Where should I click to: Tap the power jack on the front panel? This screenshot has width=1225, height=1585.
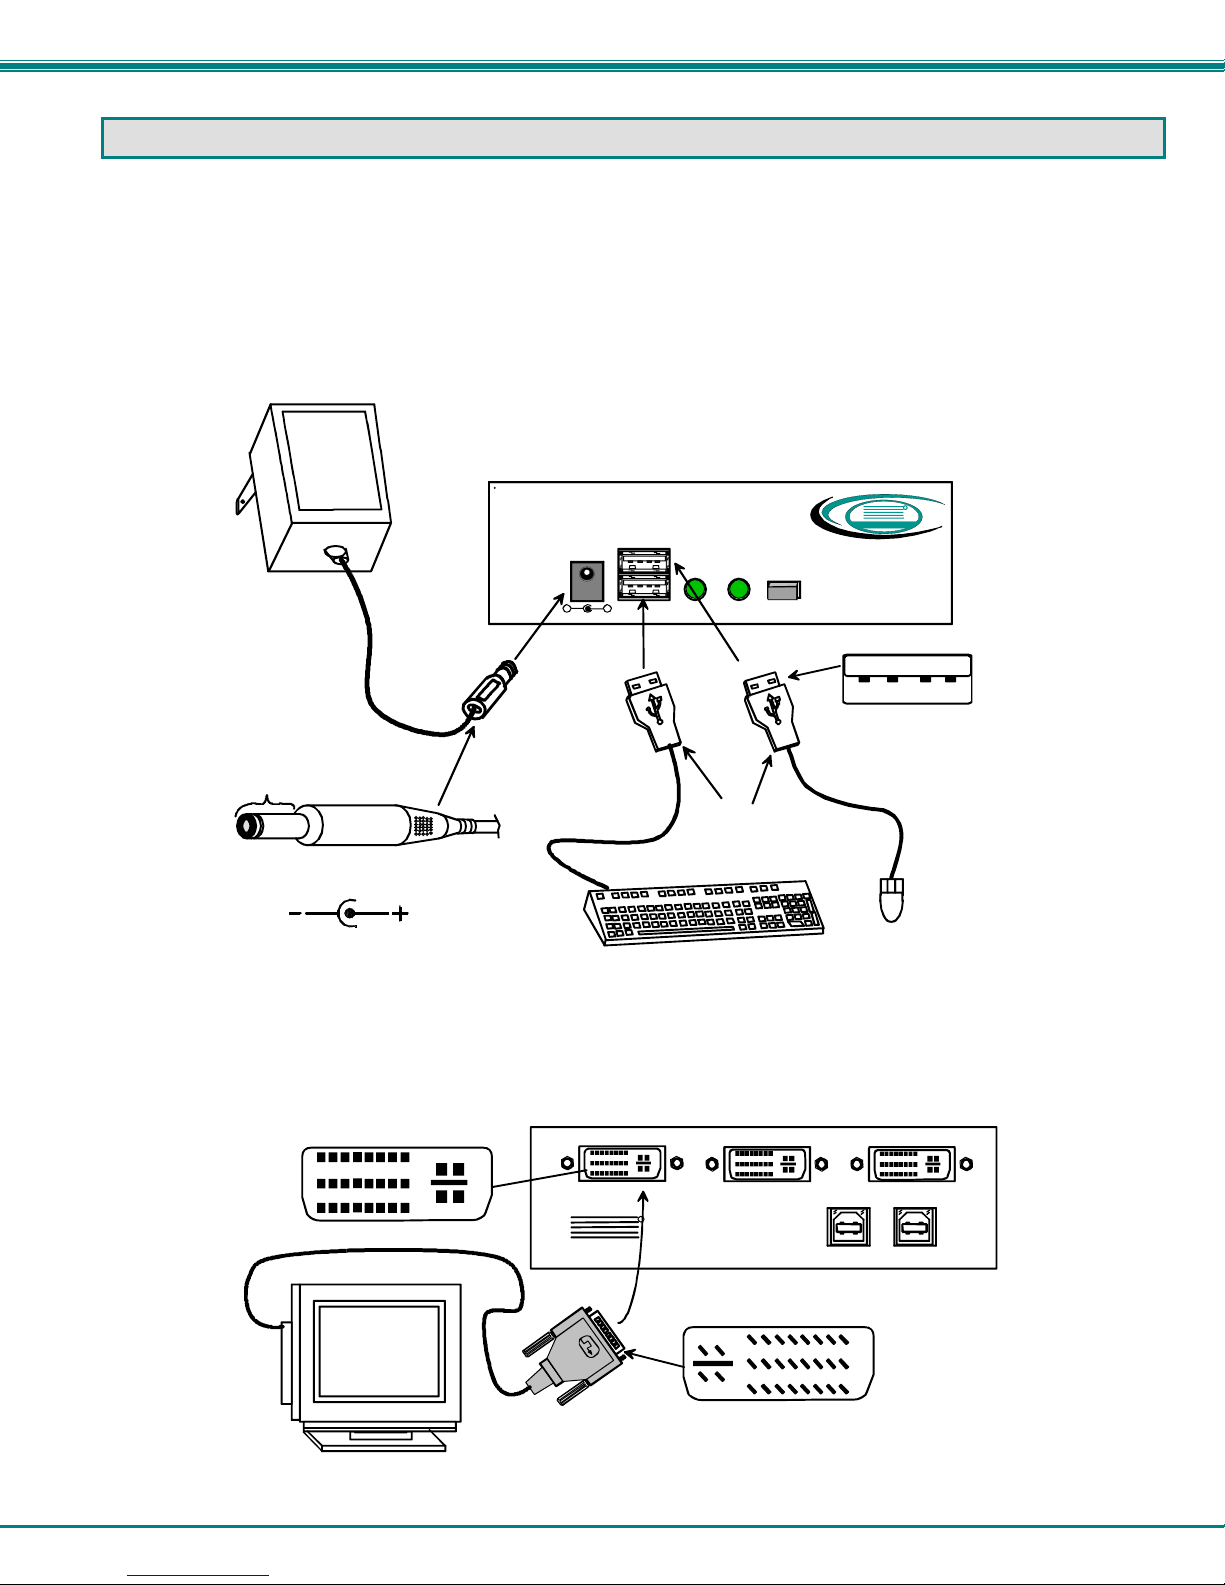pyautogui.click(x=586, y=580)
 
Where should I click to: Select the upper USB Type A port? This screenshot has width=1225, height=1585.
pyautogui.click(x=643, y=562)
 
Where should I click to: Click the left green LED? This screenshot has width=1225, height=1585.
pyautogui.click(x=696, y=590)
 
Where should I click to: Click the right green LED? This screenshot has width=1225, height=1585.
pyautogui.click(x=738, y=590)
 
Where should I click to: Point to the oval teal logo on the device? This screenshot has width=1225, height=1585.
pyautogui.click(x=877, y=516)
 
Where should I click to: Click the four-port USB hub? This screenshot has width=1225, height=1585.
pyautogui.click(x=907, y=679)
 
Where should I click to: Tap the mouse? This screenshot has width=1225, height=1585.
pyautogui.click(x=891, y=900)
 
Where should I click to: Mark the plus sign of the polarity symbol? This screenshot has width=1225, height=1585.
pyautogui.click(x=400, y=913)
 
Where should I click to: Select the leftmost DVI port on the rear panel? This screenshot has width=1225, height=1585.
pyautogui.click(x=621, y=1163)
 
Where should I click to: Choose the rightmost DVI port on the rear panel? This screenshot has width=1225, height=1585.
pyautogui.click(x=911, y=1163)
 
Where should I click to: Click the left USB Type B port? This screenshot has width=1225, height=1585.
pyautogui.click(x=848, y=1227)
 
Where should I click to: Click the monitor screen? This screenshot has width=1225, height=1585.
pyautogui.click(x=379, y=1350)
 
